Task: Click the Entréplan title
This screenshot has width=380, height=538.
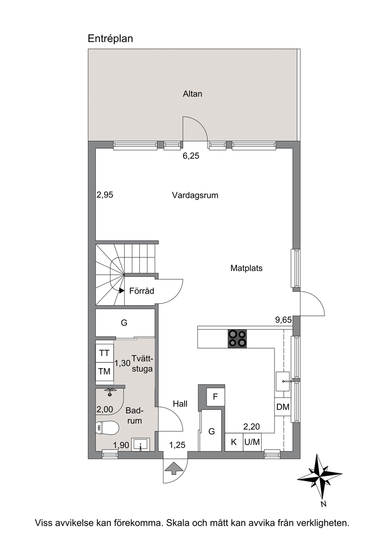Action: tap(110, 39)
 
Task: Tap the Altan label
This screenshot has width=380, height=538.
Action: tap(192, 94)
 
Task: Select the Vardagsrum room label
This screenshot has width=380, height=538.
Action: tap(195, 196)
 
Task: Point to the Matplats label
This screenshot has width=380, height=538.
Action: tap(246, 268)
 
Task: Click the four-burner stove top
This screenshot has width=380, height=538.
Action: tap(237, 339)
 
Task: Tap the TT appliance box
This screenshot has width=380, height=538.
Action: tap(104, 353)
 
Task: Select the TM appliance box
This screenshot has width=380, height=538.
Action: tap(104, 371)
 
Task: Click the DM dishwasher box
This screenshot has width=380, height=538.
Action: tap(283, 407)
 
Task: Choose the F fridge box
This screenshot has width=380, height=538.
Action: tap(215, 397)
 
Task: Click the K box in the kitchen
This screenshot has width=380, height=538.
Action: tap(234, 442)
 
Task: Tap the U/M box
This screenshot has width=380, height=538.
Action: tap(252, 442)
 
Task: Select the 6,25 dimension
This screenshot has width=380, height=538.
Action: tap(191, 156)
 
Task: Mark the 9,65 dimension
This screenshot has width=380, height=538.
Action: tap(283, 320)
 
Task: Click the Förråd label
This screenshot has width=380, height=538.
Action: tap(141, 291)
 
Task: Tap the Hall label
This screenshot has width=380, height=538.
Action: tap(180, 404)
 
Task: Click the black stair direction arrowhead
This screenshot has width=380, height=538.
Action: tap(122, 291)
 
